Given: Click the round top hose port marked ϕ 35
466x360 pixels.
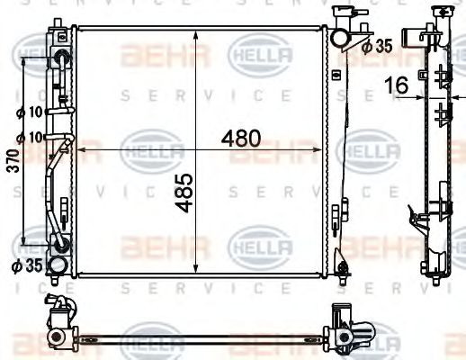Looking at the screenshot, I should (339, 39).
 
